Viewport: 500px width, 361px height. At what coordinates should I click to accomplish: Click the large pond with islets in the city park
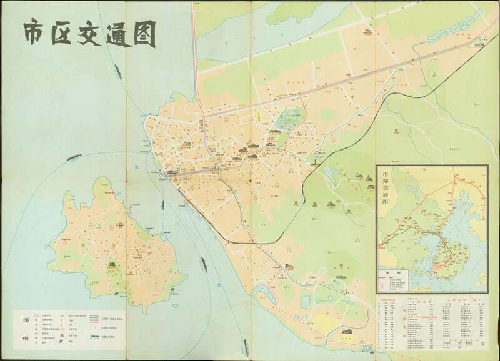tap(288, 119)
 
